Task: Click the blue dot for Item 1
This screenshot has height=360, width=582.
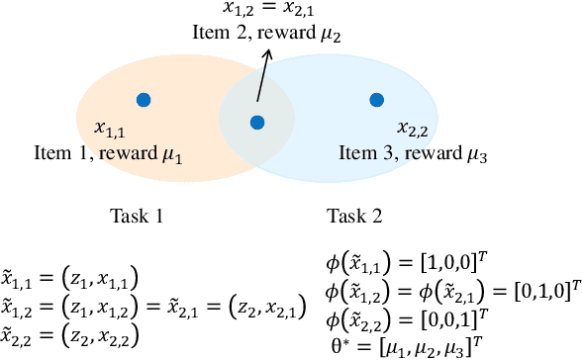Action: tap(144, 99)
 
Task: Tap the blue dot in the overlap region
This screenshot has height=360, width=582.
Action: tap(257, 123)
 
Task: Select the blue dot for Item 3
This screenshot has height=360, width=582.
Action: tap(376, 99)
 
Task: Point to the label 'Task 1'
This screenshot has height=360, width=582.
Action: tap(137, 215)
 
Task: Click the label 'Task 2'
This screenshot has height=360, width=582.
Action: tap(355, 215)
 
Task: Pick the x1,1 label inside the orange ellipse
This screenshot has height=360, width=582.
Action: tap(110, 129)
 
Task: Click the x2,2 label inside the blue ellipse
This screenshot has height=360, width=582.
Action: tap(413, 129)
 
